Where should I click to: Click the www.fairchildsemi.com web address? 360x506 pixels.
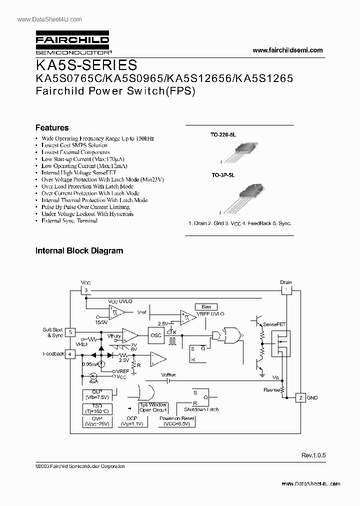287,50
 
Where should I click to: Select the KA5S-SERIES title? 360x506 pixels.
85,65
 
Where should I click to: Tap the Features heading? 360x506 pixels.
52,127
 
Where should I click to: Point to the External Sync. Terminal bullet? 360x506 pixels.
69,220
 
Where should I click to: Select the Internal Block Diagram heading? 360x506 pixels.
79,250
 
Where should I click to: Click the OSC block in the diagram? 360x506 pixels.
156,335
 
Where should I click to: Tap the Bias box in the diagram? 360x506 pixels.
206,306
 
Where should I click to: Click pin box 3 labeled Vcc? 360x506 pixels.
86,290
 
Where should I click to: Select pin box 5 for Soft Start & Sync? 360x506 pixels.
71,332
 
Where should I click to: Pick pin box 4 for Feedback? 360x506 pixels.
71,354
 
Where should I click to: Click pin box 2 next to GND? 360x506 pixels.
300,397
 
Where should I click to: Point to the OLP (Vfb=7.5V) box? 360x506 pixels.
97,394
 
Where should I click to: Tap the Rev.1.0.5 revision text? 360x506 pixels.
313,455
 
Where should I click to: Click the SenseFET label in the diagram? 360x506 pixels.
273,324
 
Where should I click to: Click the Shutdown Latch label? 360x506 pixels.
201,409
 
